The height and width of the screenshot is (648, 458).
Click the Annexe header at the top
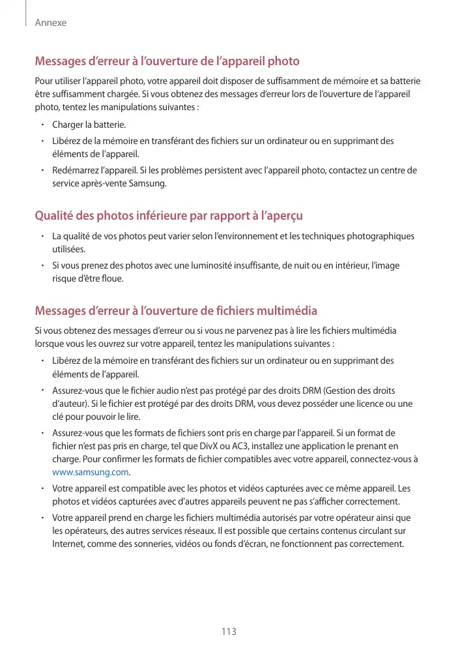[51, 23]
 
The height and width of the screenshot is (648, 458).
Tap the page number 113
[229, 631]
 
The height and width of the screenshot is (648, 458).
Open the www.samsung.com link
[90, 472]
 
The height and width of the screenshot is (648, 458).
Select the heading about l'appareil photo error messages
[167, 62]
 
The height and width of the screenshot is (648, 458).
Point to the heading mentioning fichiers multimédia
[176, 310]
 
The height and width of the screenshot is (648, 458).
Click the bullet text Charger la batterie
[90, 124]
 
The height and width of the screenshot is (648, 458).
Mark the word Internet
[68, 544]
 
